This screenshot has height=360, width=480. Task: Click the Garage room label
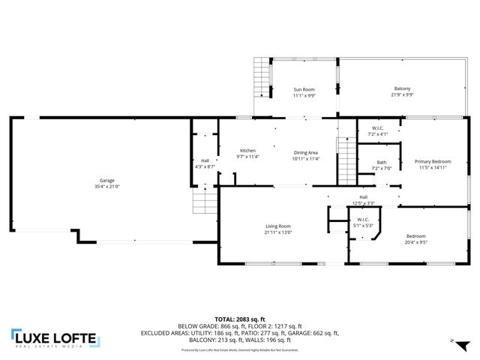click(x=107, y=181)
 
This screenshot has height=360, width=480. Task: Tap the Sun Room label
click(x=304, y=89)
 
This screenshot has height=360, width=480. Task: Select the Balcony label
click(x=403, y=89)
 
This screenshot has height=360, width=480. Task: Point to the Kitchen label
click(x=247, y=151)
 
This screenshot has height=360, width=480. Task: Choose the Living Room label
click(x=277, y=226)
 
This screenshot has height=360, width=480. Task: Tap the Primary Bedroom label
click(x=433, y=161)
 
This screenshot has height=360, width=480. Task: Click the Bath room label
click(x=382, y=162)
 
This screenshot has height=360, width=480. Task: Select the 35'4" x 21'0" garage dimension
click(x=107, y=187)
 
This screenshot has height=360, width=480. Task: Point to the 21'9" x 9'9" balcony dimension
click(x=403, y=95)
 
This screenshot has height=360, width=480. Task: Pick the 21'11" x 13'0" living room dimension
click(x=277, y=232)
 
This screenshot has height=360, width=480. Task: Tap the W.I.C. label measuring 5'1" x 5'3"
click(x=364, y=220)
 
